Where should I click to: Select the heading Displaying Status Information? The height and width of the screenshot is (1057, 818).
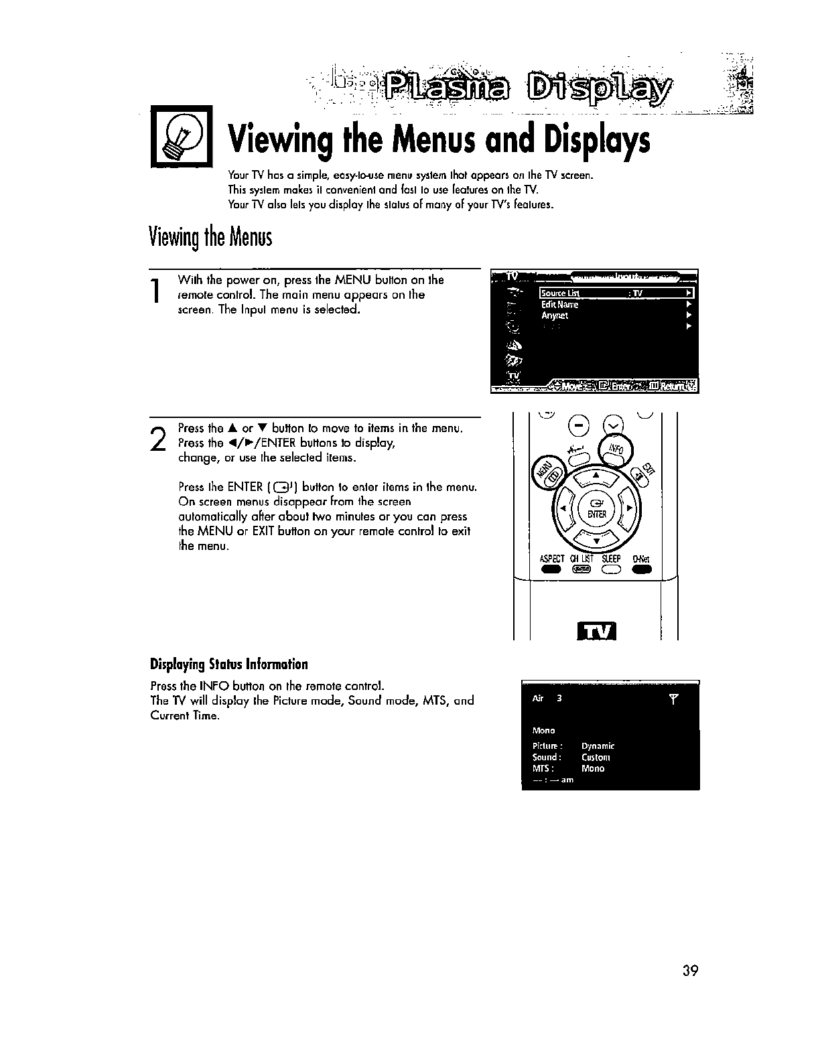click(229, 664)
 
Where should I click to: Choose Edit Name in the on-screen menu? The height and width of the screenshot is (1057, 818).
click(559, 304)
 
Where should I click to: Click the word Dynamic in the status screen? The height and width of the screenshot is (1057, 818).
click(598, 746)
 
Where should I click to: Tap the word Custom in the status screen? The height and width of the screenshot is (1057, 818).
click(596, 758)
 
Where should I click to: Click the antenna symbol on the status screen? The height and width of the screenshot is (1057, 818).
click(674, 699)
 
